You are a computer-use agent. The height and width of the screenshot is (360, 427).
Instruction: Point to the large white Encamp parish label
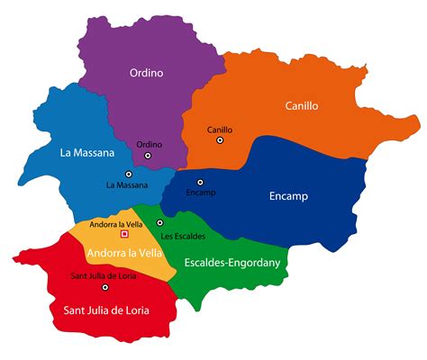288,195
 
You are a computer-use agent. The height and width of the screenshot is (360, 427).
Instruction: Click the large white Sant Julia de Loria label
105,310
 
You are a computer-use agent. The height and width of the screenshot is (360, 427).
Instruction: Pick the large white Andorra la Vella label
125,252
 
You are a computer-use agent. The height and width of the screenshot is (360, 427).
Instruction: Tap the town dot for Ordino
150,157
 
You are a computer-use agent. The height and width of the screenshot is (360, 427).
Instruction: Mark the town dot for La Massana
129,174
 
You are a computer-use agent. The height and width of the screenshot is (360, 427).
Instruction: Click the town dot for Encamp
201,182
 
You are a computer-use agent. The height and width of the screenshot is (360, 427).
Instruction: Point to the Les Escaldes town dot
160,222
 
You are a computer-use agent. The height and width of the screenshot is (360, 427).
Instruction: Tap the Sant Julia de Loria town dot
105,288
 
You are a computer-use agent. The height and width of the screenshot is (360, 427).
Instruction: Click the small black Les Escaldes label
183,236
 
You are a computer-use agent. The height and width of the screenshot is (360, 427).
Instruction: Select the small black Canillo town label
220,130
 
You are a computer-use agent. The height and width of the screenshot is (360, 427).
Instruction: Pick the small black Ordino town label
150,144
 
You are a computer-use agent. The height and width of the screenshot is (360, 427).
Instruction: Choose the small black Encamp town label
201,193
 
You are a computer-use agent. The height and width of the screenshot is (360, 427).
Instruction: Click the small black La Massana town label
127,185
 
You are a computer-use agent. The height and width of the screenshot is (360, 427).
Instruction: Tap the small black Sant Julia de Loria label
105,276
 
